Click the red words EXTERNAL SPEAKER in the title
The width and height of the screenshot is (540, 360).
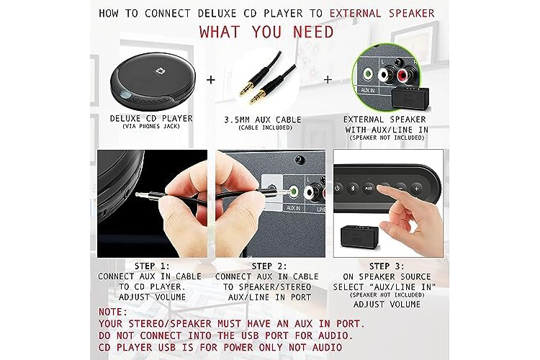[x=382, y=14]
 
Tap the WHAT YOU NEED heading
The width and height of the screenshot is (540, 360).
[x=266, y=32]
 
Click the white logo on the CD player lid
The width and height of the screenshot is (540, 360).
[x=159, y=71]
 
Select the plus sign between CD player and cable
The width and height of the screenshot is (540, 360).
[x=211, y=80]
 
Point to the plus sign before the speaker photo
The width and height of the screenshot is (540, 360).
[x=328, y=80]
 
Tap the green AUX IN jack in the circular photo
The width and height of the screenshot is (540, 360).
[x=368, y=73]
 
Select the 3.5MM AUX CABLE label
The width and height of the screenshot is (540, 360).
[x=263, y=120]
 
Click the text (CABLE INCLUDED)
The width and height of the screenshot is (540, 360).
[x=265, y=128]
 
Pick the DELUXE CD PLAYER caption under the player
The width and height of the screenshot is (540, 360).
[x=151, y=118]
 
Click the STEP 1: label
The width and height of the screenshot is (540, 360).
[x=152, y=266]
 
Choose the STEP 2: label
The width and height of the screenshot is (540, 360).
[x=269, y=266]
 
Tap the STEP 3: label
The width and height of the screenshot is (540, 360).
[x=387, y=266]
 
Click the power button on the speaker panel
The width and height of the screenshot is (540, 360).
[x=337, y=188]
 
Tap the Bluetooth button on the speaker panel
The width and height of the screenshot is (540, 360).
[x=352, y=188]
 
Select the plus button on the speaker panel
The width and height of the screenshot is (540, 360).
[x=416, y=189]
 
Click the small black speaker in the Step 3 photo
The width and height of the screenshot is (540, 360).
[x=359, y=236]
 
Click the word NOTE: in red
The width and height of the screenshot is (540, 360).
[x=113, y=312]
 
